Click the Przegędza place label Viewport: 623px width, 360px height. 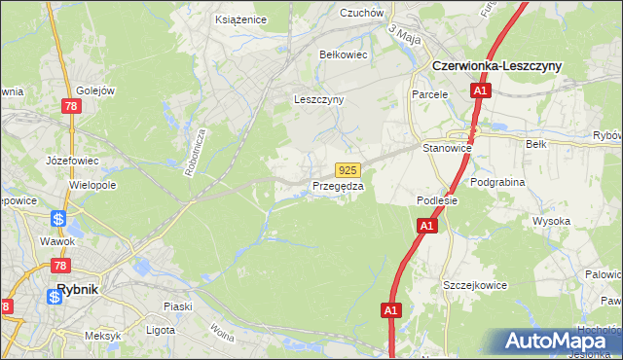(338, 186)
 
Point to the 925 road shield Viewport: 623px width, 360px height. (349, 169)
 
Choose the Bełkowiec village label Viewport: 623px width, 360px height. (344, 54)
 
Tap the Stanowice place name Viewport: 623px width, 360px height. (447, 148)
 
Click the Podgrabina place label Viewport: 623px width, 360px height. (497, 182)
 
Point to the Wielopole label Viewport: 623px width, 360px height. (92, 184)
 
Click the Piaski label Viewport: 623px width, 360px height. (177, 306)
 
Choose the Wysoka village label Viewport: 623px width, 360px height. (551, 221)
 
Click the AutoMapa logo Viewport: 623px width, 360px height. (555, 342)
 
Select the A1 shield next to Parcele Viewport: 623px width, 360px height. (480, 91)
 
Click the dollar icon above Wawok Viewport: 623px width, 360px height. (59, 219)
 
